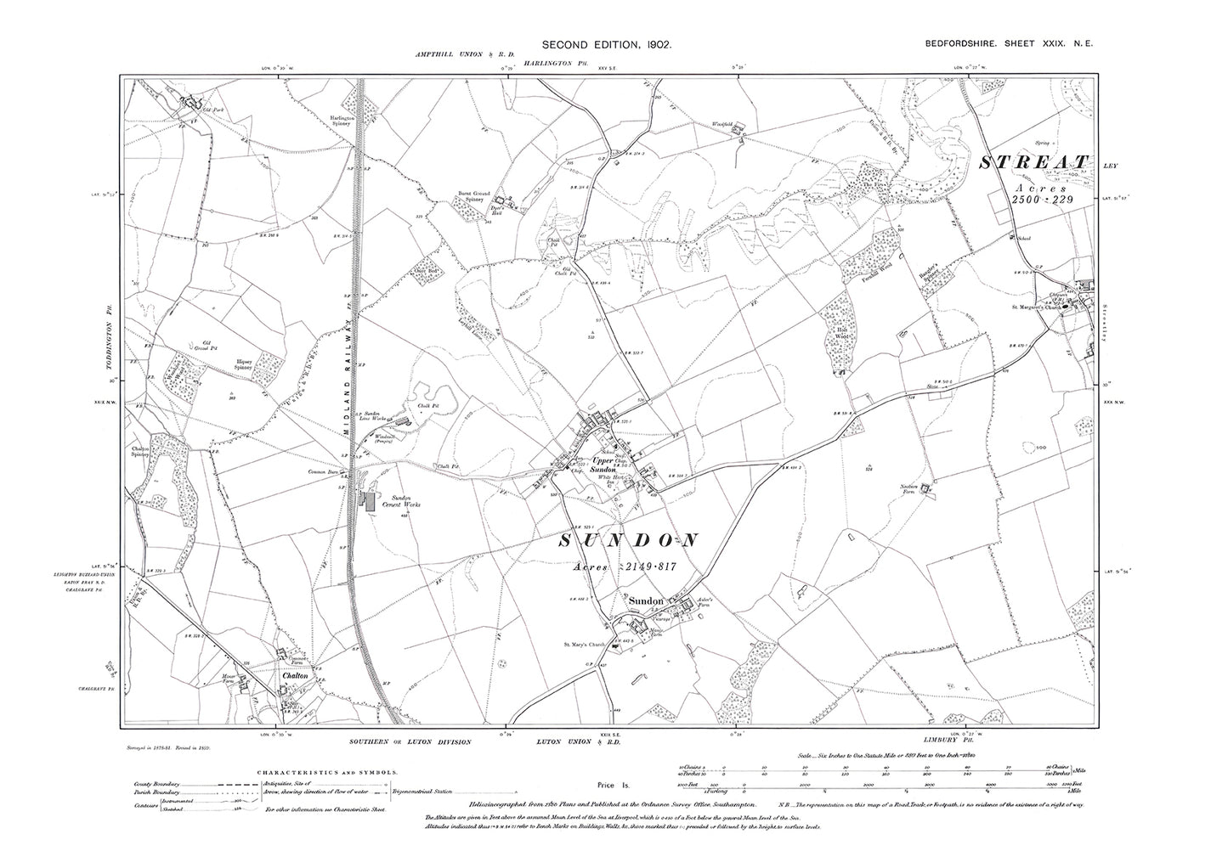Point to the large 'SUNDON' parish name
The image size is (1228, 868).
click(x=630, y=539)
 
